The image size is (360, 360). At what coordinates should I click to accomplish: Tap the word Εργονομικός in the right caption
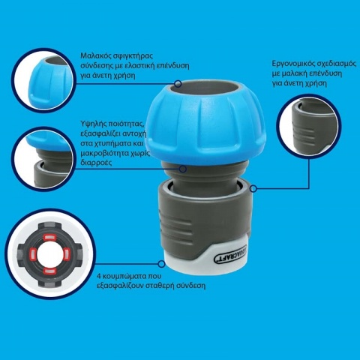pos(291,65)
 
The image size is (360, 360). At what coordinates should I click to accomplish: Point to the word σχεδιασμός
pos(332,65)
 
